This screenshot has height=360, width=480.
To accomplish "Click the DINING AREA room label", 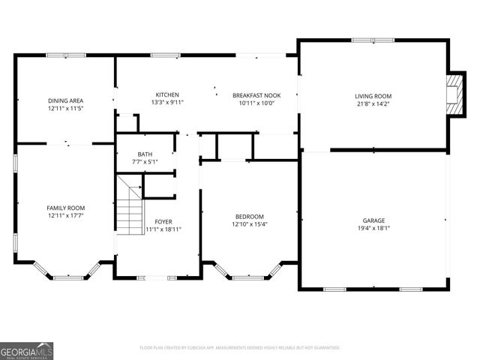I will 65,100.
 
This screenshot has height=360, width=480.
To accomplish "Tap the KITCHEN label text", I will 166,95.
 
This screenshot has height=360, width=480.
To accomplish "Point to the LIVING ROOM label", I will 373,96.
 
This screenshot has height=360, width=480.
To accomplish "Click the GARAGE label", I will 373,220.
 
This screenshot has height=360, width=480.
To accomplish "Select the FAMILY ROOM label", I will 65,208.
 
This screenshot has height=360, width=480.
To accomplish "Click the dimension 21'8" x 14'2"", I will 373,103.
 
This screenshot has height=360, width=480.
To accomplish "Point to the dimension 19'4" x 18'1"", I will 373,228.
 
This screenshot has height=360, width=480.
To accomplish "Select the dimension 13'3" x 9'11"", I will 166,103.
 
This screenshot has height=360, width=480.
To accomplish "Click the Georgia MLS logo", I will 26,351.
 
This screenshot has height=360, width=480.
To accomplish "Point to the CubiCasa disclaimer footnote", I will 240,348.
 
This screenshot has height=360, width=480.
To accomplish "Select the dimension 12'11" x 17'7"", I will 65,215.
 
